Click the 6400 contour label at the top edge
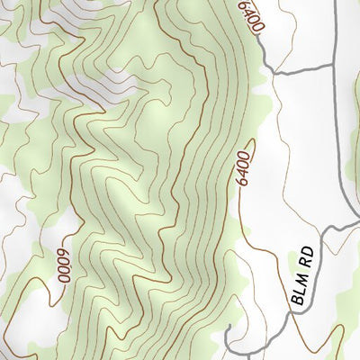(251, 17)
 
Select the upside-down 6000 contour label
(63, 265)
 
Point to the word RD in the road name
(309, 255)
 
